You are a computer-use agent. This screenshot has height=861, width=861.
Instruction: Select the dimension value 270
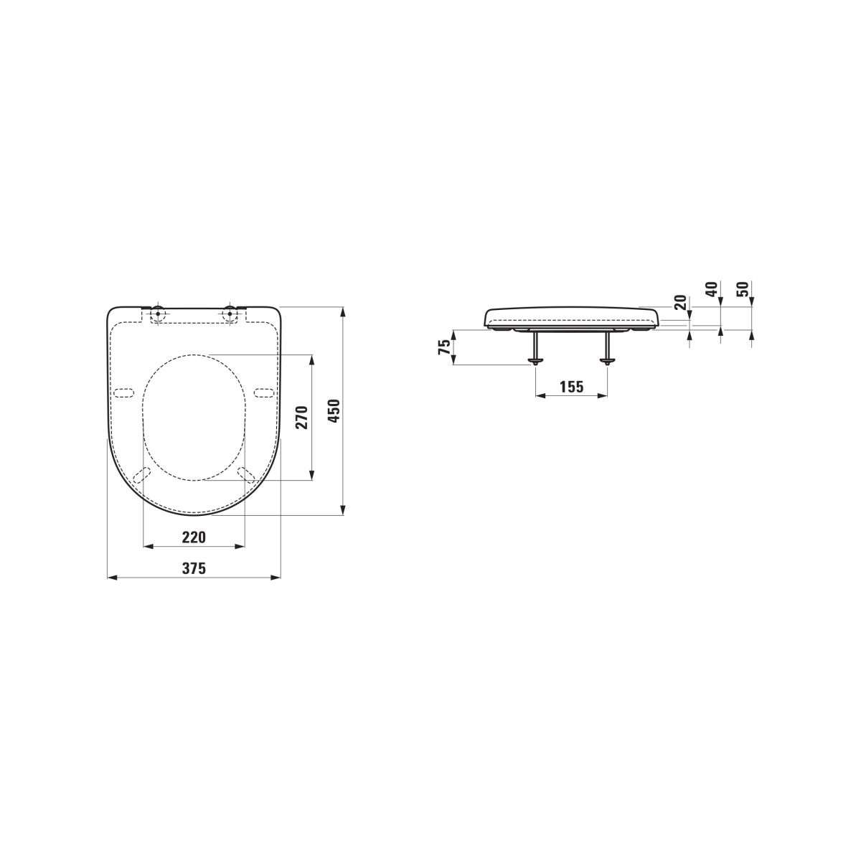click(x=304, y=418)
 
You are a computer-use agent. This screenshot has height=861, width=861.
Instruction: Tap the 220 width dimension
click(x=194, y=537)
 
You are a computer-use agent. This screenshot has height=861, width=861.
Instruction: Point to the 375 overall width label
click(x=194, y=568)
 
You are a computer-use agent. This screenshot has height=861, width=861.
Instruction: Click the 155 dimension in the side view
click(x=572, y=387)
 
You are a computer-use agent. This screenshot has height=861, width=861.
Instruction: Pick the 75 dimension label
click(x=445, y=347)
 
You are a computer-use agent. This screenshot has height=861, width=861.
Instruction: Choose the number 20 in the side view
click(x=680, y=303)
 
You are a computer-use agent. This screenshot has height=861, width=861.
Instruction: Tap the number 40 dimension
click(x=712, y=289)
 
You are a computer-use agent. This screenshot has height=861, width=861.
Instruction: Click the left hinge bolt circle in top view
click(x=158, y=314)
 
